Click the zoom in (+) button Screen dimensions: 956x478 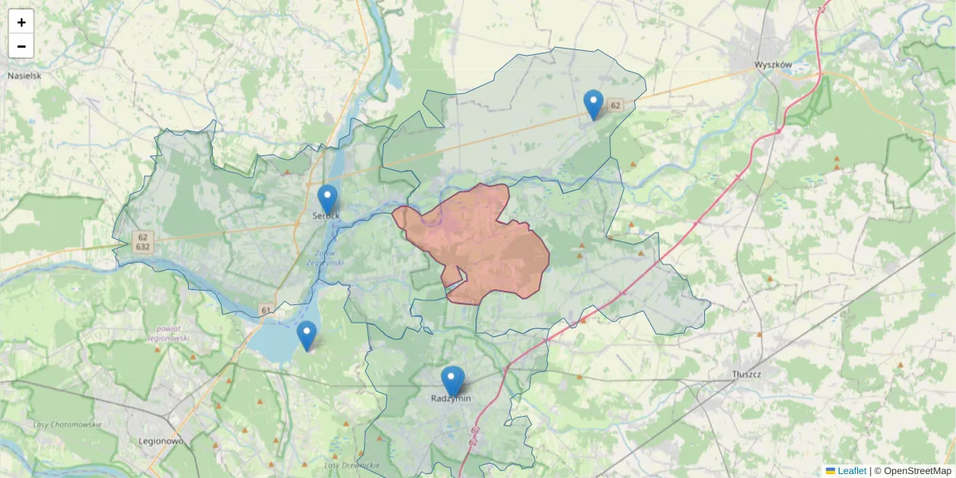point(22,22)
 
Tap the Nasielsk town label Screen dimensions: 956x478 point(24,76)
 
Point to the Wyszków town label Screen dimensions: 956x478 point(772,65)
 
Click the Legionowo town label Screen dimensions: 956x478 point(162,441)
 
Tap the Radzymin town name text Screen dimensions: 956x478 point(451,398)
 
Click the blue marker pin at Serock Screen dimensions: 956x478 point(327,198)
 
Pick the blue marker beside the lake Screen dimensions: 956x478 point(307,335)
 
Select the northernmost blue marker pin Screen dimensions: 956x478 point(594,104)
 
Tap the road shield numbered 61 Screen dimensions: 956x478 point(265,309)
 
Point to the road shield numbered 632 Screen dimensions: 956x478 point(143,248)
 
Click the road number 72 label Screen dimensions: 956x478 point(821,10)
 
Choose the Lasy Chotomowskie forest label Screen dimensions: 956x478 point(67,425)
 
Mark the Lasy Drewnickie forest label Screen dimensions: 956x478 point(351,465)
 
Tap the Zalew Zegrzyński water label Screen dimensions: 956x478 point(324,257)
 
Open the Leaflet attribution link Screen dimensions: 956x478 point(852,471)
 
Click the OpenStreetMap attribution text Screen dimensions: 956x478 point(917,471)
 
